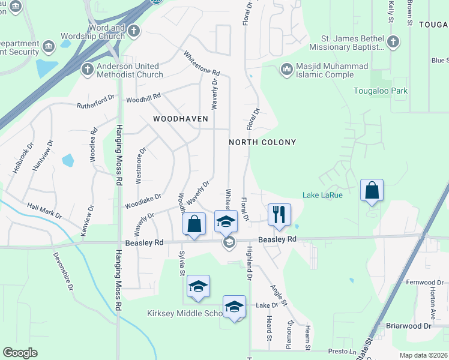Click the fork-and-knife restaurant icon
pyautogui.click(x=279, y=214)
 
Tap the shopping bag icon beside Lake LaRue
pyautogui.click(x=372, y=190)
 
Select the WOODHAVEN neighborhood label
pyautogui.click(x=180, y=119)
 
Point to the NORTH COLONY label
pyautogui.click(x=262, y=142)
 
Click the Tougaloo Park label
pyautogui.click(x=380, y=91)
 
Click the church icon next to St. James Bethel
pyautogui.click(x=393, y=41)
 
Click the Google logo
pyautogui.click(x=20, y=353)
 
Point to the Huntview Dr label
pyautogui.click(x=43, y=156)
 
